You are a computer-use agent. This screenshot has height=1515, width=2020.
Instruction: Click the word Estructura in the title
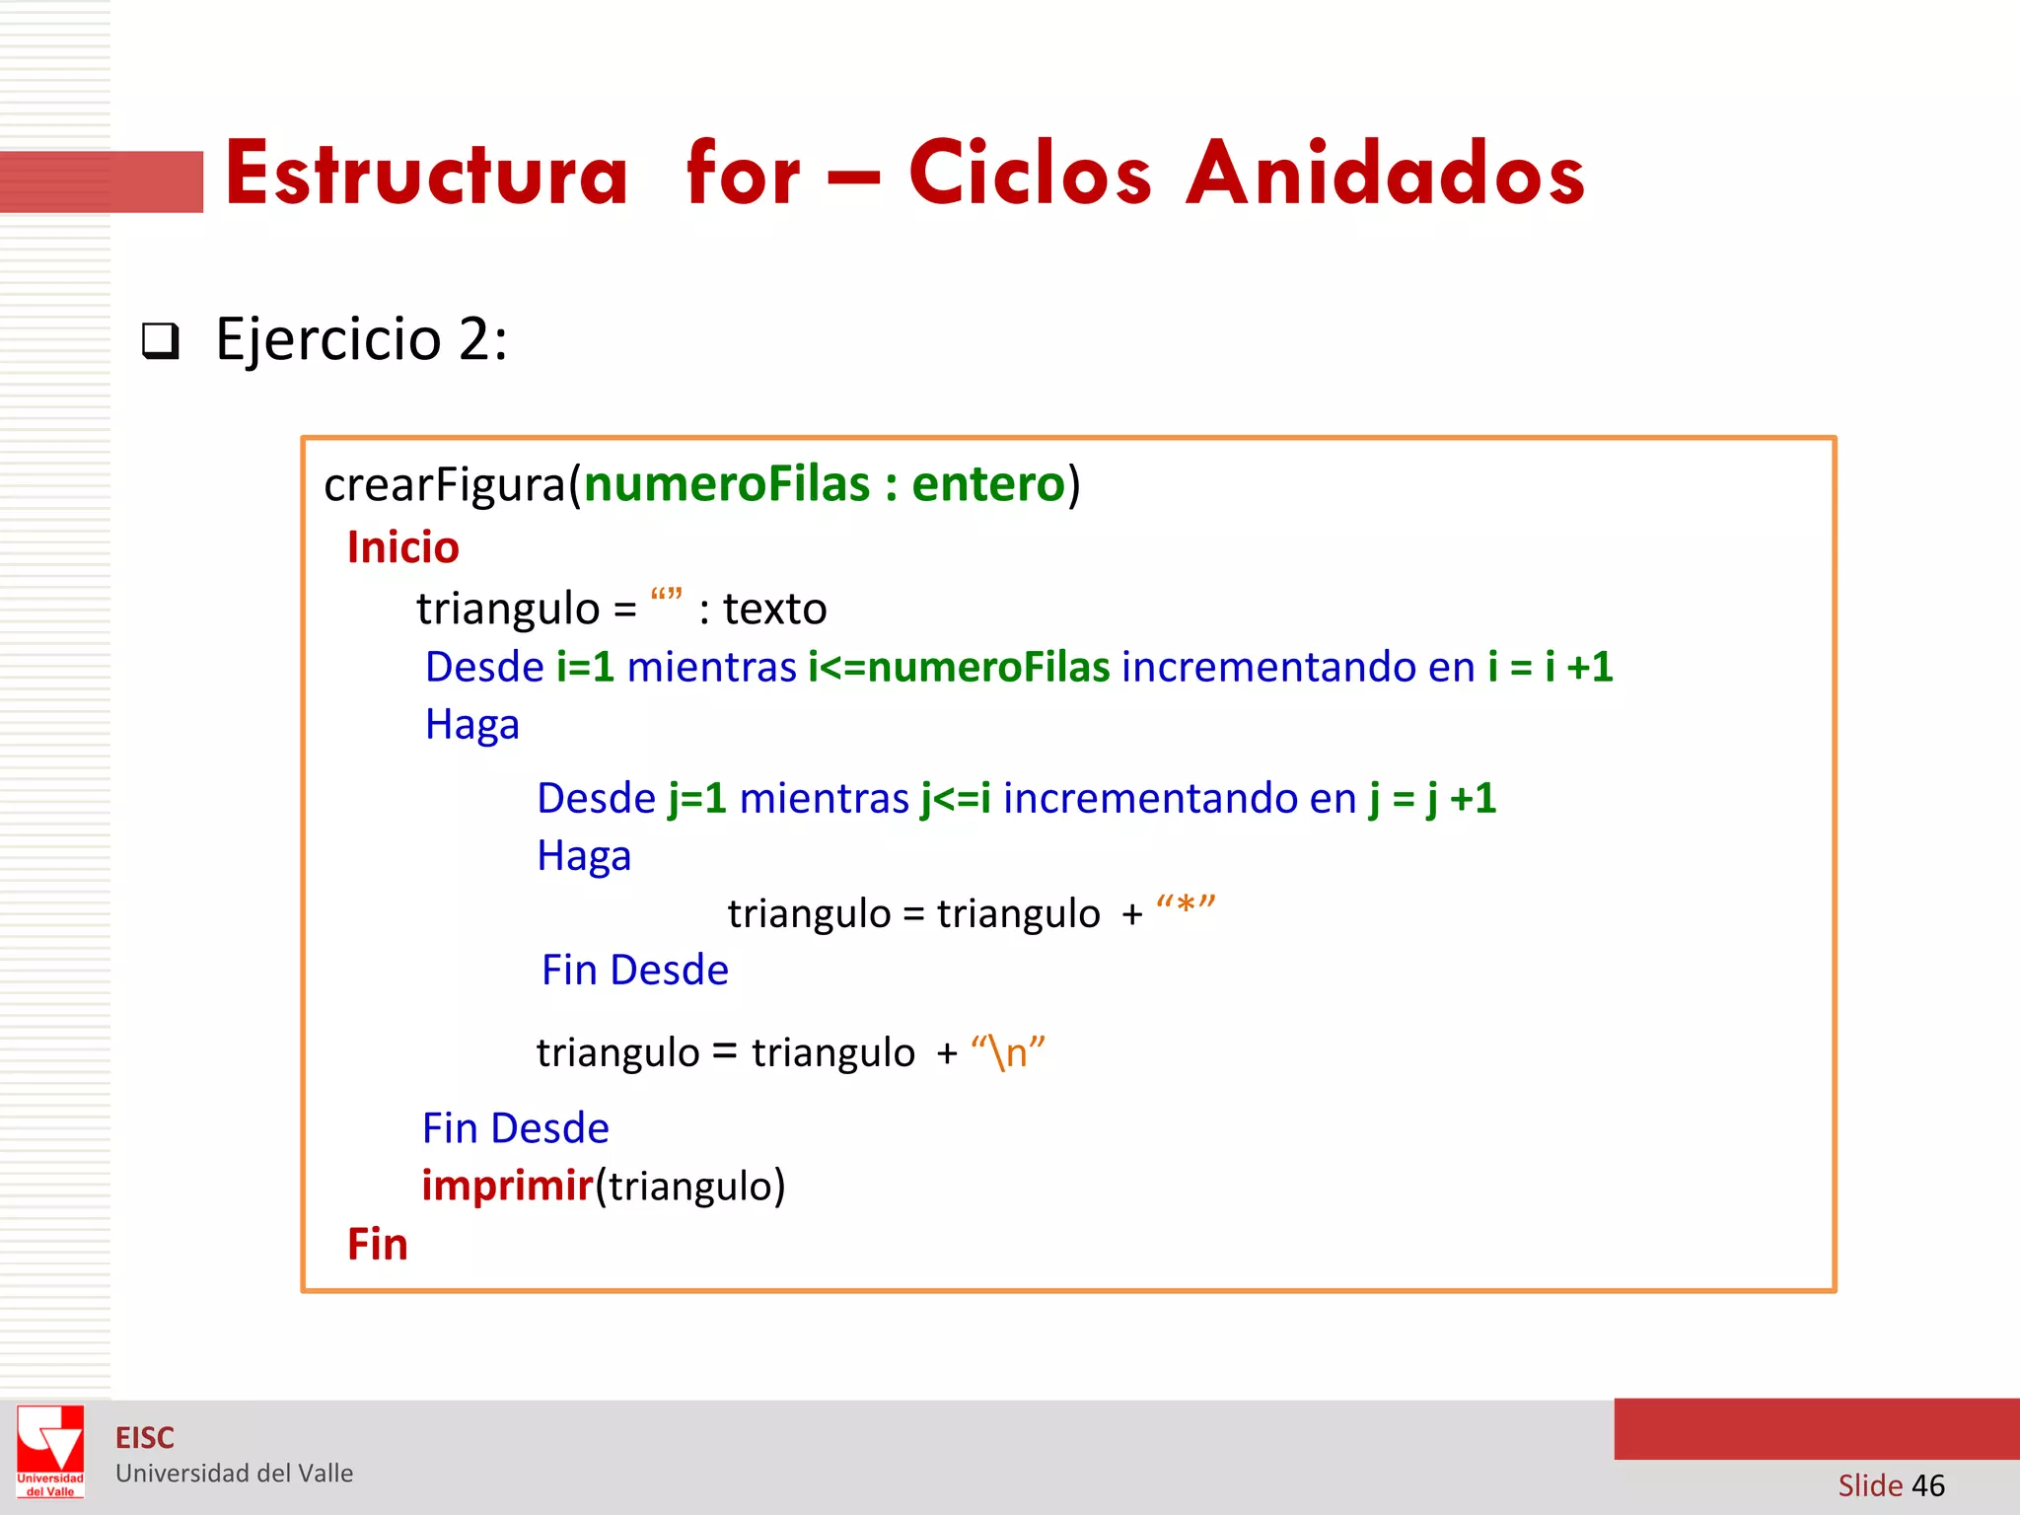(426, 174)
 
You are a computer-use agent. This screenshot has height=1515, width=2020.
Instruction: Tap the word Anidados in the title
(1385, 174)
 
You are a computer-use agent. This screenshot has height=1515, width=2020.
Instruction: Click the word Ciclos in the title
(1030, 174)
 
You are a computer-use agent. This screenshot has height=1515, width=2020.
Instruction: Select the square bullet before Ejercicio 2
(161, 341)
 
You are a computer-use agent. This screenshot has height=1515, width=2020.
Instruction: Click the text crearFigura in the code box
(444, 484)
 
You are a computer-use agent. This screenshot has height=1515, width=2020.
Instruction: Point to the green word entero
(987, 484)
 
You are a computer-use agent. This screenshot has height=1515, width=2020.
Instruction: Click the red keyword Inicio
(402, 547)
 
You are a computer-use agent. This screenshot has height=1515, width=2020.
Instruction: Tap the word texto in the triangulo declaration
(774, 609)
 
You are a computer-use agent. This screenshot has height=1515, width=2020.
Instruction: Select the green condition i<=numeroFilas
(959, 668)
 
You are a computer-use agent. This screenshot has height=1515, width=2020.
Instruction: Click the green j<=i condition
(956, 798)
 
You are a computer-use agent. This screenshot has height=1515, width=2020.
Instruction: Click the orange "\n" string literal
(1007, 1052)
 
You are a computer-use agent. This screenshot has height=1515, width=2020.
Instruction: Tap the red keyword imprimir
(507, 1186)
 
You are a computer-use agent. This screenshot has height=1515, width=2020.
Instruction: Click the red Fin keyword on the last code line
(377, 1245)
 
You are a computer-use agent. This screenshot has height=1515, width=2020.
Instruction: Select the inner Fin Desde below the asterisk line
(634, 971)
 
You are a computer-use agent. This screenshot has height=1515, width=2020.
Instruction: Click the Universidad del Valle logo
(50, 1451)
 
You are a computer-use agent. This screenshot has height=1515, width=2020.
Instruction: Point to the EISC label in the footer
(144, 1438)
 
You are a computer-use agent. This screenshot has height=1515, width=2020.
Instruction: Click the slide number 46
(1927, 1485)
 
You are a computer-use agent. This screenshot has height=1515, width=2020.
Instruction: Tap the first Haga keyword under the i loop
(471, 726)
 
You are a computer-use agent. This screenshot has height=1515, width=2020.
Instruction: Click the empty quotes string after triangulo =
(666, 596)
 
